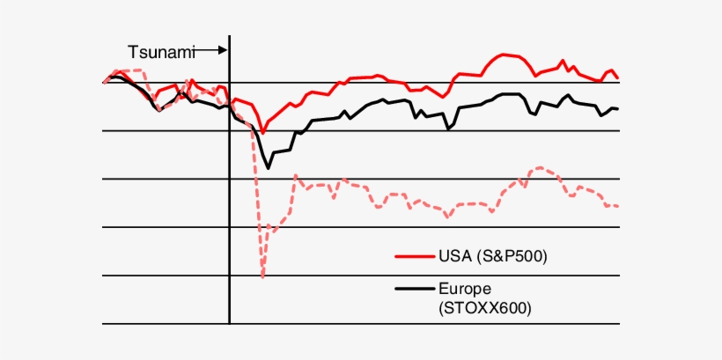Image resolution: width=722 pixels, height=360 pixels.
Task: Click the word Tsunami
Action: click(161, 53)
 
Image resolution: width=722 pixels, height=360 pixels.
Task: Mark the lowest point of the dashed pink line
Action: click(263, 277)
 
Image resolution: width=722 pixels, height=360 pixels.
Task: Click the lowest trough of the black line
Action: click(268, 167)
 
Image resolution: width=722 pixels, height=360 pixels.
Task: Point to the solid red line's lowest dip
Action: click(262, 132)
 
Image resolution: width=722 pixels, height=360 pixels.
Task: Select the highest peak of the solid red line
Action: click(505, 54)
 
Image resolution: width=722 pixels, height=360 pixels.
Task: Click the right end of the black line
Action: click(619, 109)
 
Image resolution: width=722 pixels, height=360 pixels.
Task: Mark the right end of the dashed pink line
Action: click(619, 206)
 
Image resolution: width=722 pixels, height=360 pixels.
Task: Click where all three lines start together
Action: click(104, 82)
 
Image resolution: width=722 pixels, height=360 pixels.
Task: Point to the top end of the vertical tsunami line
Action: click(229, 36)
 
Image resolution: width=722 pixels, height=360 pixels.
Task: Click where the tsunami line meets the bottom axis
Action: click(229, 324)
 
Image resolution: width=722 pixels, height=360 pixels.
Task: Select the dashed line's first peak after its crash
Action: click(296, 175)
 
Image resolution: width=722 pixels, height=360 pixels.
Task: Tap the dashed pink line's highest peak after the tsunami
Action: click(540, 166)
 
